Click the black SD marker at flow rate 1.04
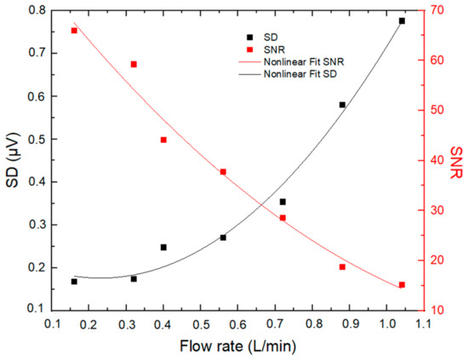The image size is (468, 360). click(x=402, y=20)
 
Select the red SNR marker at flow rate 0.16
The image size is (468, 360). click(x=74, y=31)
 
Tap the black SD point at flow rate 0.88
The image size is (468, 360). click(x=342, y=105)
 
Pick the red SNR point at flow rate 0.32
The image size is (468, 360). click(x=134, y=64)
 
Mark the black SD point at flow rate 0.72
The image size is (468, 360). click(x=283, y=202)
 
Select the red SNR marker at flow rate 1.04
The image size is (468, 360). click(x=402, y=285)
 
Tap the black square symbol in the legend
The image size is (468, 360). click(x=249, y=37)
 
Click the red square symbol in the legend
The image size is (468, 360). click(x=249, y=50)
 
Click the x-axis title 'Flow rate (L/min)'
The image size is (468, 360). click(x=237, y=346)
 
